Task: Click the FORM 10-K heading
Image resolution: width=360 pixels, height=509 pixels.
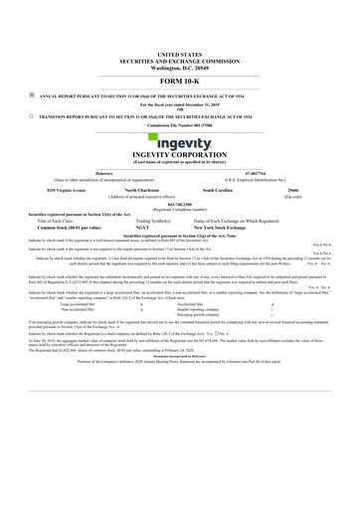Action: (x=179, y=81)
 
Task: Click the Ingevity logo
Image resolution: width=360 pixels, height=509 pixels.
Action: (x=179, y=150)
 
